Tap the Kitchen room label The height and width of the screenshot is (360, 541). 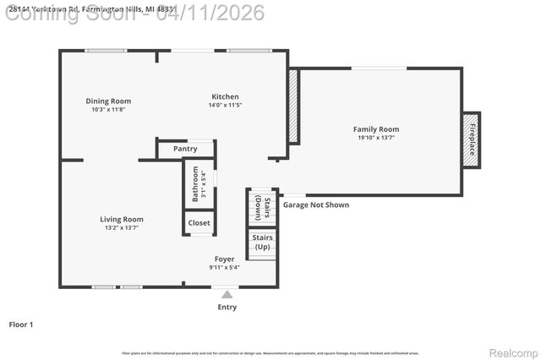225,97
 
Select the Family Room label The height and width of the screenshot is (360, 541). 376,129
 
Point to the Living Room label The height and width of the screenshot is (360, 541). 122,220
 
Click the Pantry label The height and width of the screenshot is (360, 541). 185,150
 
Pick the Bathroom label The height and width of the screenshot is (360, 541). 195,183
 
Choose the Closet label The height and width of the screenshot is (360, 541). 199,223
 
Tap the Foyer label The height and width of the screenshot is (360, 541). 224,259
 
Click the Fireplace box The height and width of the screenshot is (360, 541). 471,140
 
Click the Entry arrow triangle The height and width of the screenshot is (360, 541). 227,294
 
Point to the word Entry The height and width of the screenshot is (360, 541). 227,307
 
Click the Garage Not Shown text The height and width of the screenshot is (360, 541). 315,205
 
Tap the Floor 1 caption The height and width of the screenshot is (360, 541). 20,324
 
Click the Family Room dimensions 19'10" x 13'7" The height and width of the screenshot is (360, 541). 376,138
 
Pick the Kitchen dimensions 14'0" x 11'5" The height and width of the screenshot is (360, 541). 225,106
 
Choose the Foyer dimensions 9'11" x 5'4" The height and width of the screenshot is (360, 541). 224,267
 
